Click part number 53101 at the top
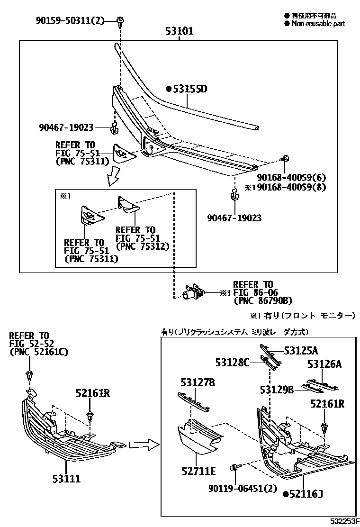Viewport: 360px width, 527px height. (179, 32)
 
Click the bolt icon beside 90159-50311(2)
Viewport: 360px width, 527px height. (120, 20)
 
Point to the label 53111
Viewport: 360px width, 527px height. (66, 479)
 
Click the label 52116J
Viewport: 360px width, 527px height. (306, 494)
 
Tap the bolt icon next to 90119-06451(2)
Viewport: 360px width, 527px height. (234, 468)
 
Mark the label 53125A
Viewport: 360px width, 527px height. (301, 351)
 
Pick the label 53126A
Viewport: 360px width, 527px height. (324, 364)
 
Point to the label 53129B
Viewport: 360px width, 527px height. (277, 390)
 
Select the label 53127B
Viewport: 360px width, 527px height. (197, 382)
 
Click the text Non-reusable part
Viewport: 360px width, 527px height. (318, 23)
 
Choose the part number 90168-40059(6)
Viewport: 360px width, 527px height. (291, 178)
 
